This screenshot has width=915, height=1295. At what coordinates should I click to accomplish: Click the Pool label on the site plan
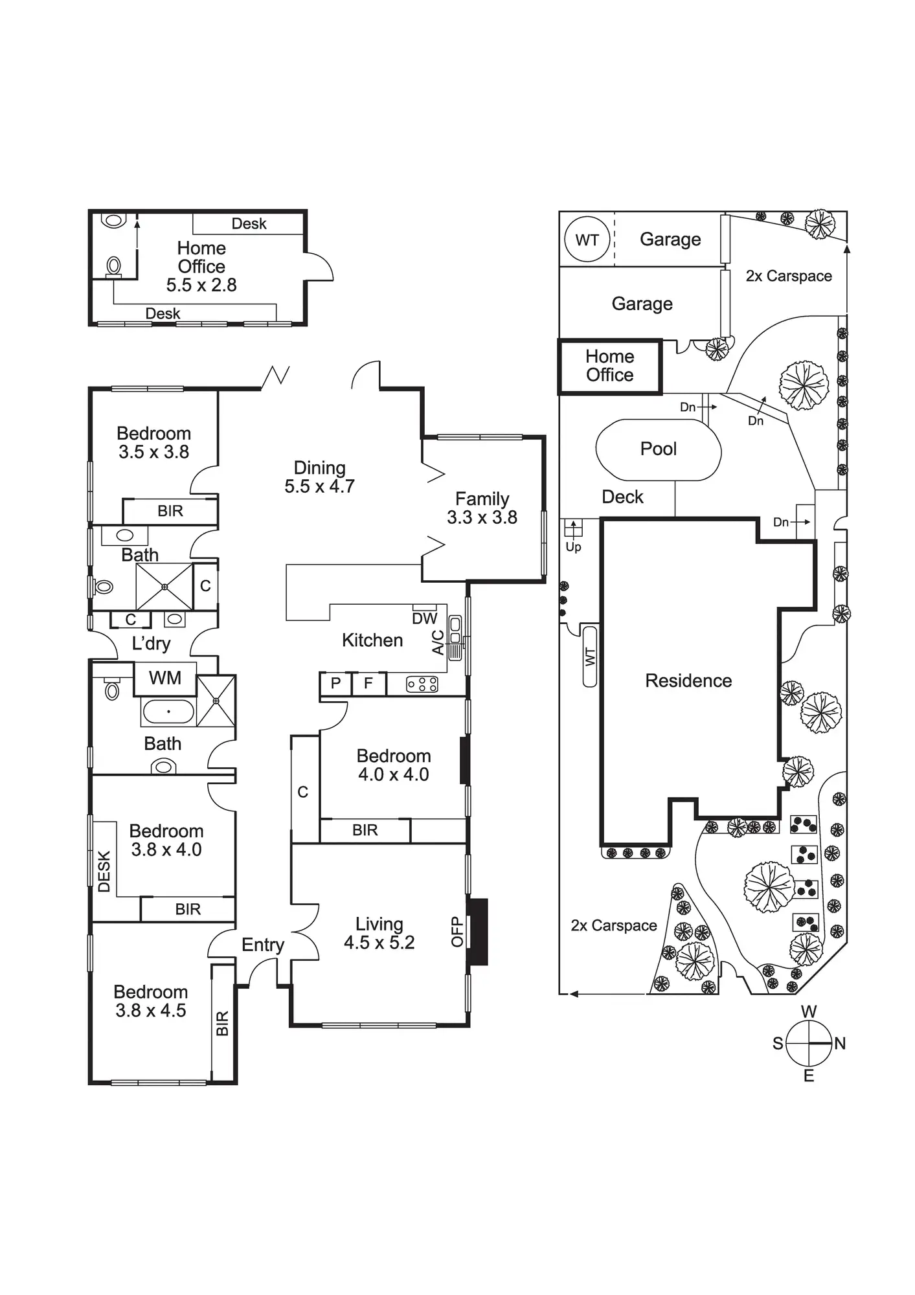pyautogui.click(x=658, y=449)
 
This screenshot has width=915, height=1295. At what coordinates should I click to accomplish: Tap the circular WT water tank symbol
pyautogui.click(x=587, y=240)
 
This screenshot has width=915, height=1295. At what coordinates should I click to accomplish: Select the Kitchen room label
pyautogui.click(x=372, y=640)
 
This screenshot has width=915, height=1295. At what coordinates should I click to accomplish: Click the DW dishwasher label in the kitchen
pyautogui.click(x=425, y=618)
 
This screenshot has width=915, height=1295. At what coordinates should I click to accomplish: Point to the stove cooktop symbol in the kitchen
pyautogui.click(x=422, y=684)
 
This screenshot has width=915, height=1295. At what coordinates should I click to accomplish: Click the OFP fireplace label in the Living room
pyautogui.click(x=458, y=932)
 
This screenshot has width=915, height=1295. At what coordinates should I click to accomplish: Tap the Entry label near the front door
pyautogui.click(x=263, y=945)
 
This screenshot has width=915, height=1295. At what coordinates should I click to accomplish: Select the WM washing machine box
pyautogui.click(x=165, y=679)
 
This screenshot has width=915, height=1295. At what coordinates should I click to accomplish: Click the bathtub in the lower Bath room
pyautogui.click(x=168, y=712)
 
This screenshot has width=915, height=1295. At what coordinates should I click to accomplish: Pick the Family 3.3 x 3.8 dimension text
pyautogui.click(x=482, y=518)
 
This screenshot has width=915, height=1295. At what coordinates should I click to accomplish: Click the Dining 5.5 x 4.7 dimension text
pyautogui.click(x=320, y=486)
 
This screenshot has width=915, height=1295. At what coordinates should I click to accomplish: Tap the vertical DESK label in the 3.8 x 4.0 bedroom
pyautogui.click(x=104, y=872)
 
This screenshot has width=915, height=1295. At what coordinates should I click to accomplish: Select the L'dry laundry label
pyautogui.click(x=151, y=644)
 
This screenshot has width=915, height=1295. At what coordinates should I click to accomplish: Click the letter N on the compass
pyautogui.click(x=840, y=1043)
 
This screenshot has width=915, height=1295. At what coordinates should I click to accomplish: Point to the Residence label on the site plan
pyautogui.click(x=688, y=681)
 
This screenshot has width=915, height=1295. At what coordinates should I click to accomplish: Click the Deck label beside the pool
pyautogui.click(x=622, y=497)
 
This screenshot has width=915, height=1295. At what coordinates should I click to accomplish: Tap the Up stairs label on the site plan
pyautogui.click(x=574, y=547)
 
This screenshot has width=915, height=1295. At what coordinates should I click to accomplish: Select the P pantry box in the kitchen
pyautogui.click(x=335, y=684)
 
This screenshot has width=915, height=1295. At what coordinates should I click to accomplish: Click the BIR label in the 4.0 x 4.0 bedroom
pyautogui.click(x=365, y=831)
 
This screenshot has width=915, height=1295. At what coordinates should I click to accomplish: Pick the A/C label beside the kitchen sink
pyautogui.click(x=438, y=642)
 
